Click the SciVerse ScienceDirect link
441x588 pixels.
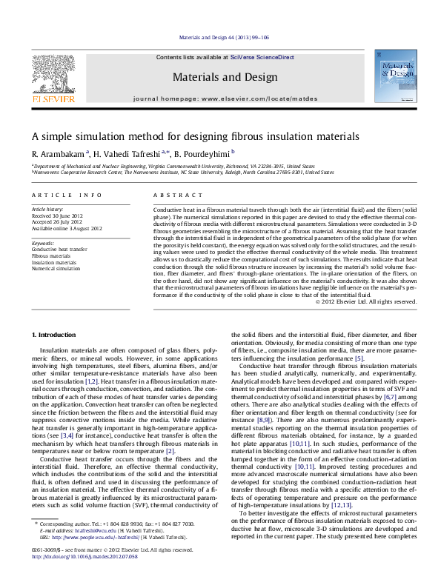click(262, 57)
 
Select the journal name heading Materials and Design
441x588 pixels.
click(220, 76)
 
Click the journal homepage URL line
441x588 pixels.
click(220, 98)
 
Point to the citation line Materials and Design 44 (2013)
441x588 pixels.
click(220, 37)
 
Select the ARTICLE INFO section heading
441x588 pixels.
click(67, 195)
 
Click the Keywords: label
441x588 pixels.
click(43, 243)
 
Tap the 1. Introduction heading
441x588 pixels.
click(56, 335)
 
